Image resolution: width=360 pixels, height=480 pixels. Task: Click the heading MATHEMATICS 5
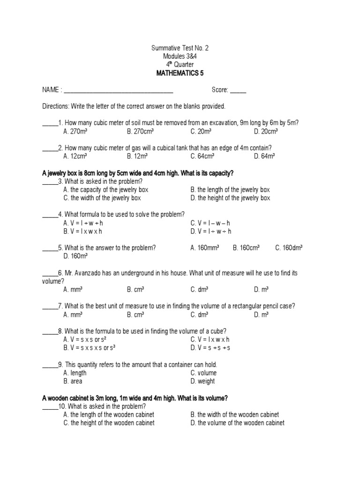point(180,73)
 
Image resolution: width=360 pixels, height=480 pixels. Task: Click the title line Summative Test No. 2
point(180,48)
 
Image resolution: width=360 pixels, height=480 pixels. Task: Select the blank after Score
point(238,90)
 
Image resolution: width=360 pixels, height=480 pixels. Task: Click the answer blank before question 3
point(50,181)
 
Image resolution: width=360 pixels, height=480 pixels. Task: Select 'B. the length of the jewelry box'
point(230,190)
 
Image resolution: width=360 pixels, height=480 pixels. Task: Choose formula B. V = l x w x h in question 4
point(82,231)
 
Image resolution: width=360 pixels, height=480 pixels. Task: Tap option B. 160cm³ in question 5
point(246,248)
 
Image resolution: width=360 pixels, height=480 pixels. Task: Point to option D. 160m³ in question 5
point(75,256)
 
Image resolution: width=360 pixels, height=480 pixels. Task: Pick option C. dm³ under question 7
point(199,315)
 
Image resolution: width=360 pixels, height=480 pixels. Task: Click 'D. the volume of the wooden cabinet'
point(237,422)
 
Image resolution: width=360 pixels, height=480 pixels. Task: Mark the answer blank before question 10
point(50,406)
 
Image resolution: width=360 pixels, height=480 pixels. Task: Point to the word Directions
point(55,106)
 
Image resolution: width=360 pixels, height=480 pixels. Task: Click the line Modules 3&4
point(180,56)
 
